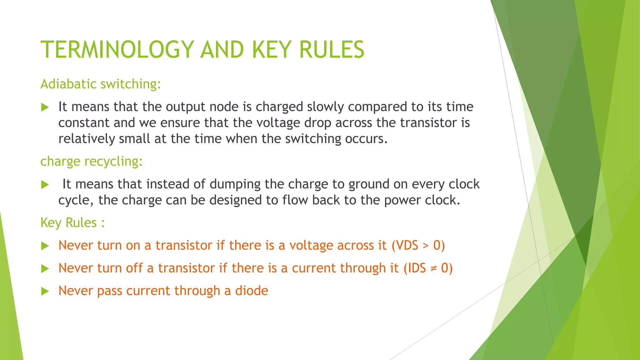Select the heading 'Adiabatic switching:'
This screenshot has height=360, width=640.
pyautogui.click(x=101, y=84)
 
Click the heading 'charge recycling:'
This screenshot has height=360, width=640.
pyautogui.click(x=92, y=161)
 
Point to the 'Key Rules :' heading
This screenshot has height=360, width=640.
pyautogui.click(x=72, y=223)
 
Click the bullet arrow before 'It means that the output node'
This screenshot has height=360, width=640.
pyautogui.click(x=45, y=107)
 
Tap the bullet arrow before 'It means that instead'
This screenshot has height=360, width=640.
pyautogui.click(x=45, y=185)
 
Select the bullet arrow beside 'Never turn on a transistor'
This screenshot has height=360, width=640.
pyautogui.click(x=45, y=246)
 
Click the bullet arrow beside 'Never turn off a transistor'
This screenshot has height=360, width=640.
pyautogui.click(x=45, y=268)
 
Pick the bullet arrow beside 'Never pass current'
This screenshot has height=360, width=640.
pyautogui.click(x=45, y=291)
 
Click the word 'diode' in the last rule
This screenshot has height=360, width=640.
pyautogui.click(x=252, y=291)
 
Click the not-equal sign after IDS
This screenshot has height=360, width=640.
pyautogui.click(x=433, y=268)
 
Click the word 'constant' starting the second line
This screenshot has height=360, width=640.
pyautogui.click(x=84, y=123)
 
